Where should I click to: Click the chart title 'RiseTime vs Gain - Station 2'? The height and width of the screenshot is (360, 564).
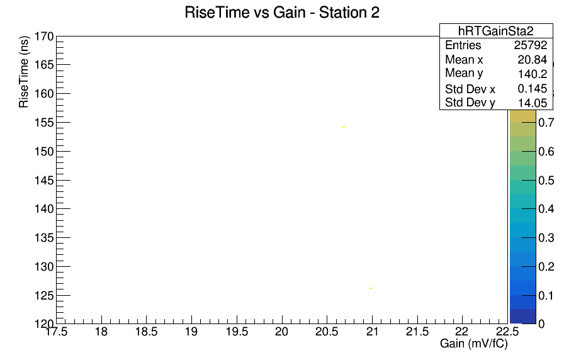[x=282, y=13]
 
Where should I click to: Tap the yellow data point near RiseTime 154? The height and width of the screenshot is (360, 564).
[x=344, y=127]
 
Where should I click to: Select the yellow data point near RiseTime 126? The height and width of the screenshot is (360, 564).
[x=371, y=288]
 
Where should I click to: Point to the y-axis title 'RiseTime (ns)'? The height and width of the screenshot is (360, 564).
[x=24, y=72]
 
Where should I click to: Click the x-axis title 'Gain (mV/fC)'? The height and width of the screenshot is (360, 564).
[x=474, y=344]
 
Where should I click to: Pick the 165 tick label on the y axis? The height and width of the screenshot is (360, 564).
[x=44, y=65]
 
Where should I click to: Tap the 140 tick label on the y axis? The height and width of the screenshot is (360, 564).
[x=44, y=209]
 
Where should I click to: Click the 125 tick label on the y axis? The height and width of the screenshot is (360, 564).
[x=44, y=296]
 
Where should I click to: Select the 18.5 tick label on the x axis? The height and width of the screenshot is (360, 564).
[x=147, y=331]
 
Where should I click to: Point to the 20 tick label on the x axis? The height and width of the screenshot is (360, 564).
[x=281, y=331]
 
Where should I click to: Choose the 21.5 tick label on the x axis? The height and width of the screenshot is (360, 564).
[x=417, y=331]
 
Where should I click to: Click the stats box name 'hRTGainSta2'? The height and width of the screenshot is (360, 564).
[x=495, y=31]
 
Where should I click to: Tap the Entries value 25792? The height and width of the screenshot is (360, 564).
[x=531, y=45]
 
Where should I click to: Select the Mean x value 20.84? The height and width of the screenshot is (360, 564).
[x=533, y=59]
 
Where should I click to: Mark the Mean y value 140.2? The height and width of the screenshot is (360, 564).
[x=533, y=74]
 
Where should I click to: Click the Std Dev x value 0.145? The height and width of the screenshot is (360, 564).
[x=533, y=89]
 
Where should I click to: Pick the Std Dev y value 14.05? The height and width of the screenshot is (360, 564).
[x=533, y=103]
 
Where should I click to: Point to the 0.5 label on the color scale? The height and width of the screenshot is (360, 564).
[x=546, y=180]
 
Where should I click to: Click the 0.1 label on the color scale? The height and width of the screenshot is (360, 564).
[x=546, y=296]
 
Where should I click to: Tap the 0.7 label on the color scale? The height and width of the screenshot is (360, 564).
[x=546, y=123]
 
